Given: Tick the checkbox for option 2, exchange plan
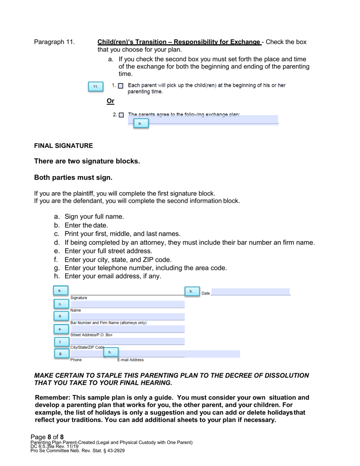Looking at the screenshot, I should pos(121,115).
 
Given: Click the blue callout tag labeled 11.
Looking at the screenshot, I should pos(95,87).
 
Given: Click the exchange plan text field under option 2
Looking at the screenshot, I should pos(212,120).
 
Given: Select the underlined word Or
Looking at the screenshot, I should pos(111,101).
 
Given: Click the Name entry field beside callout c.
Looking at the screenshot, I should pos(127,304).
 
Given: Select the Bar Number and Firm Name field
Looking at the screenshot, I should pos(127,316).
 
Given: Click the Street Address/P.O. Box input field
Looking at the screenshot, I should pos(127,329).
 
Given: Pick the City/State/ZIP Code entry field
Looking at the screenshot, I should pos(127,341).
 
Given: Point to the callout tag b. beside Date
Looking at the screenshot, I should pos(191,291).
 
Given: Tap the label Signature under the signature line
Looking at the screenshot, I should pos(79,298).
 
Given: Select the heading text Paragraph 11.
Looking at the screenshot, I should pos(54,42).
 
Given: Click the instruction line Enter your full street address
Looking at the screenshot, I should pos(108,251).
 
